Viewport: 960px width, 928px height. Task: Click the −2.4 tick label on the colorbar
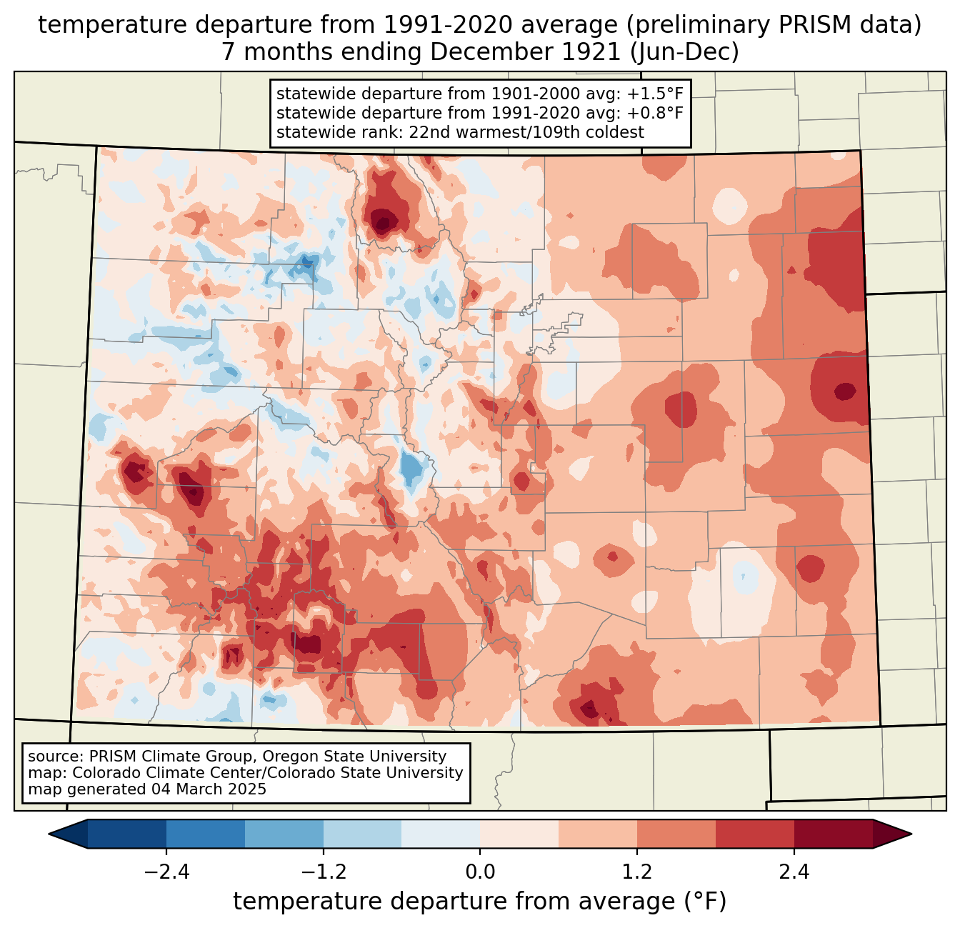pos(166,872)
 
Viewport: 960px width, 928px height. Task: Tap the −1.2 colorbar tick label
pos(323,872)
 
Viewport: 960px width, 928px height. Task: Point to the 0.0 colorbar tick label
pos(480,872)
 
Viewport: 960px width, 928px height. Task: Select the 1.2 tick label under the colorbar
pos(637,872)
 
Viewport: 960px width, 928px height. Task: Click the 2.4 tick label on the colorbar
pos(794,872)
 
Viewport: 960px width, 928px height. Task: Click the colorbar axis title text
pos(480,902)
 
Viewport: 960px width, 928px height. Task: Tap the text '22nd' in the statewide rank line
pos(404,132)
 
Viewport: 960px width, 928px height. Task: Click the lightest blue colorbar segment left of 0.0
pos(441,834)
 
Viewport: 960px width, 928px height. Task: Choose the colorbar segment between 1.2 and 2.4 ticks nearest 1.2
pos(676,834)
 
